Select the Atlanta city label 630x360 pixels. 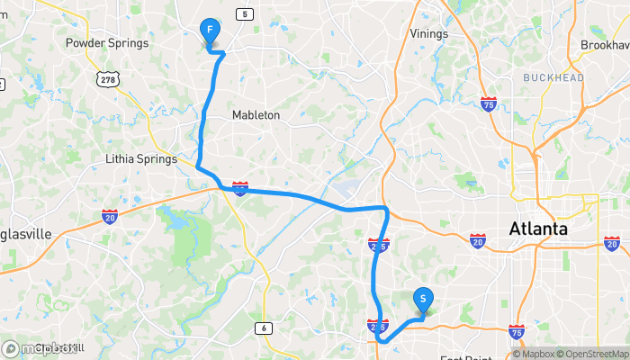coord(538,229)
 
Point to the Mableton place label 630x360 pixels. coord(256,115)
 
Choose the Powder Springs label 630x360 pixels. coord(106,42)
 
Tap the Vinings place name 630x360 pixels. coord(428,34)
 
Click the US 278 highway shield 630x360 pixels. coord(109,80)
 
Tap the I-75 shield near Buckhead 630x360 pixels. coord(489,103)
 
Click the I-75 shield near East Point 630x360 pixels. coord(517,332)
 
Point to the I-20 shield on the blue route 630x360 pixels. coord(240,187)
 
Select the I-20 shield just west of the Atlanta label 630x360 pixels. coord(477,240)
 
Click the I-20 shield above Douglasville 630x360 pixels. coord(109,216)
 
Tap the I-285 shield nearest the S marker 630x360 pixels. coord(378,324)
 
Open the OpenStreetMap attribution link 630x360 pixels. coord(587,354)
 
